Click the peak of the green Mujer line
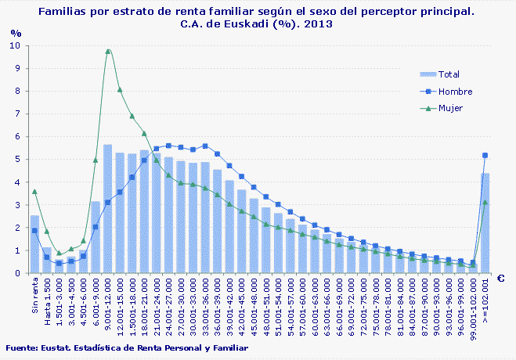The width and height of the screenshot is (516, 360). click(x=108, y=52)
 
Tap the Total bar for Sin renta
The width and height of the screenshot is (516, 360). click(x=34, y=244)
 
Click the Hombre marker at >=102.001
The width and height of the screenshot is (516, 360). click(x=485, y=156)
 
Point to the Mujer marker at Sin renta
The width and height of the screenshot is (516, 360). click(x=34, y=192)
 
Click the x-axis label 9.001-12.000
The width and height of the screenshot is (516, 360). click(x=108, y=301)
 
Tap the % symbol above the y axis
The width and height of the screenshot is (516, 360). click(x=16, y=33)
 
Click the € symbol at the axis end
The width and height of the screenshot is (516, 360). click(x=500, y=279)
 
